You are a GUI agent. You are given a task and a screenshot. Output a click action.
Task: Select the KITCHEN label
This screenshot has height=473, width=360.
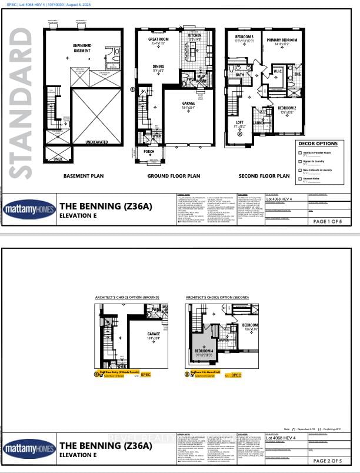click(195, 35)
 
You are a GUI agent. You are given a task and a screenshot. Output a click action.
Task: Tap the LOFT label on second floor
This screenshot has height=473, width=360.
click(239, 123)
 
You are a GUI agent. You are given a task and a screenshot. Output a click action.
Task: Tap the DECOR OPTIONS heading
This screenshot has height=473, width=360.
click(318, 144)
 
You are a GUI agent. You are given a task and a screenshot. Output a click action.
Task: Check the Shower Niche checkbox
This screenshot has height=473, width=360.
click(300, 178)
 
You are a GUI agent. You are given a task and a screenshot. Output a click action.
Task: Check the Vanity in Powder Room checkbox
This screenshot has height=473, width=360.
click(300, 153)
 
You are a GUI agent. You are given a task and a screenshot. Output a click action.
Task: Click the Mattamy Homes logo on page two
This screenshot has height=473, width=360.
click(29, 449)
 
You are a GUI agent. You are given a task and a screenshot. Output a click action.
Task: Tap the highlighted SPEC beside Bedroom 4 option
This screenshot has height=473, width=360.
click(236, 375)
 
